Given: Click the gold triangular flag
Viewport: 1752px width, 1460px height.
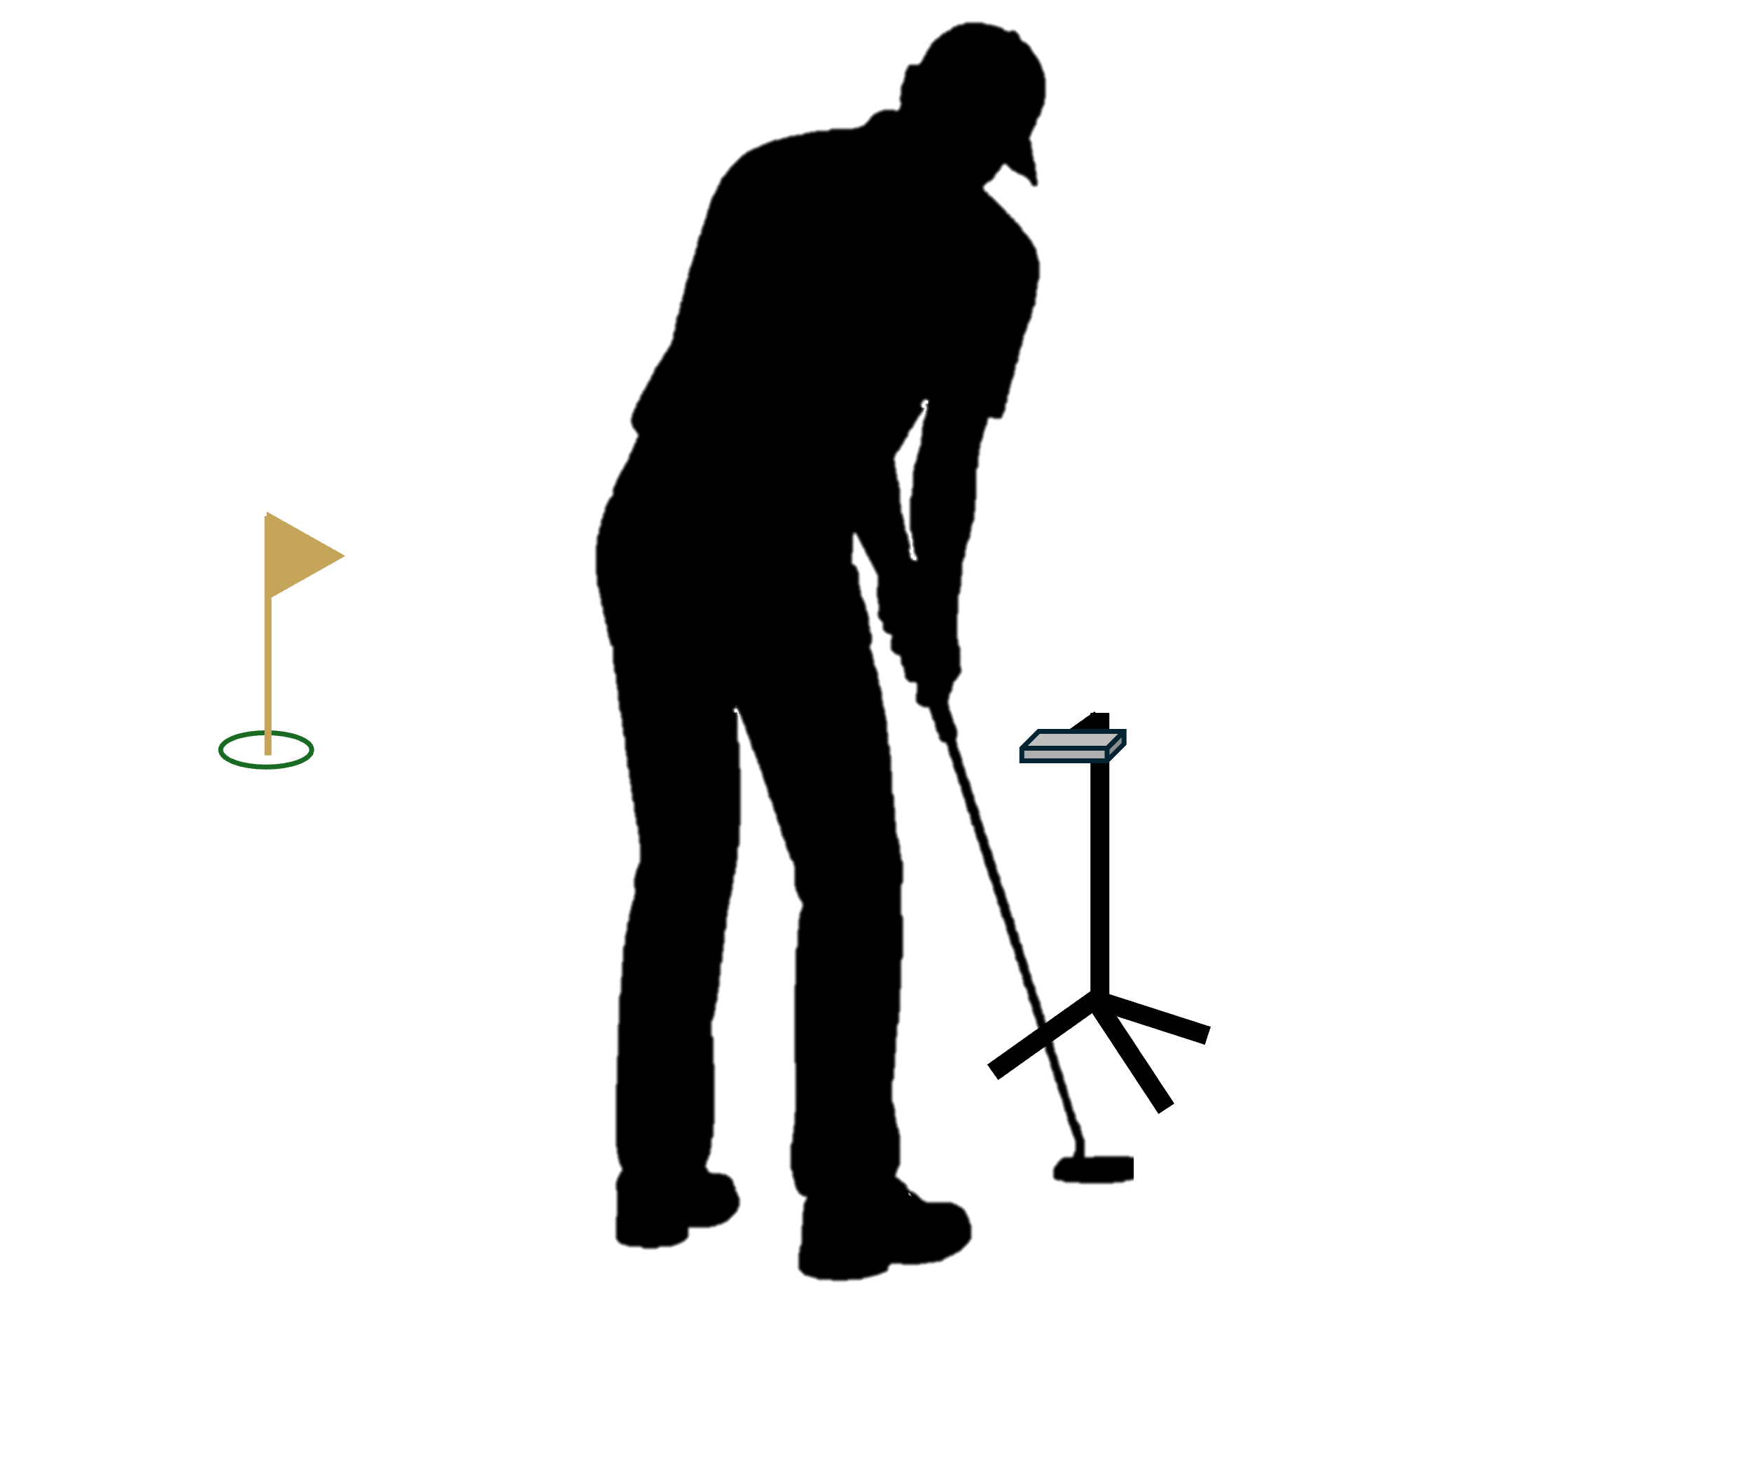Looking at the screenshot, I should point(296,555).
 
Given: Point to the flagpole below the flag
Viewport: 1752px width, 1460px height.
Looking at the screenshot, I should point(267,667).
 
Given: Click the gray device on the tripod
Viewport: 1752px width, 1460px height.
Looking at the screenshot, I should point(1073,746).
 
